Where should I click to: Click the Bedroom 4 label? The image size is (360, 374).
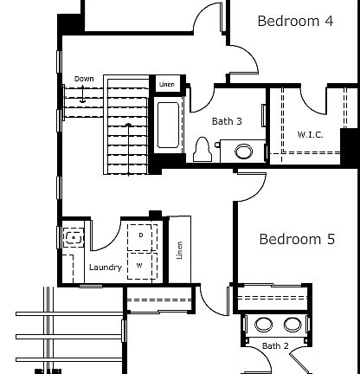295,22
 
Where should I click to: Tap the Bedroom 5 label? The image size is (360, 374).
296,240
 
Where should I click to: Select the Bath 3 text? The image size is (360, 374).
227,122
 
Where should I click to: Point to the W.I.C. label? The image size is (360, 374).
310,134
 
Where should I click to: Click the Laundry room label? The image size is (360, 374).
106,268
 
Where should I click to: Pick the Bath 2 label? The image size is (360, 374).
275,346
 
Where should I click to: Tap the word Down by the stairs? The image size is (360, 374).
84,79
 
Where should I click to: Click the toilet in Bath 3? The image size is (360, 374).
203,150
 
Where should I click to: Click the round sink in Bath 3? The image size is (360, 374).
245,152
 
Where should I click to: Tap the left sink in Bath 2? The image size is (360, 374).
262,326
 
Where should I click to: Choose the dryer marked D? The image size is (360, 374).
141,235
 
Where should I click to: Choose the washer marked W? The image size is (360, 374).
141,265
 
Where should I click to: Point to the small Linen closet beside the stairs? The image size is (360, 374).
166,84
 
